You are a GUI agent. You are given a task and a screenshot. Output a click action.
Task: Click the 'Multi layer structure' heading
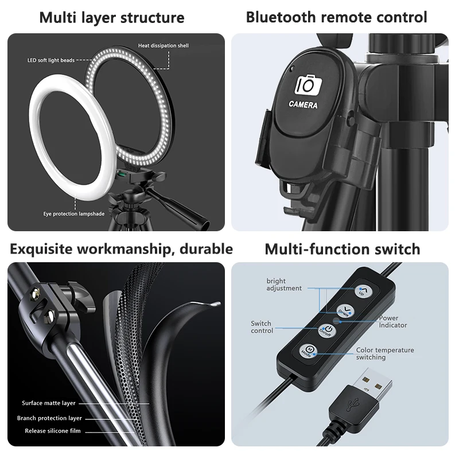point(112,17)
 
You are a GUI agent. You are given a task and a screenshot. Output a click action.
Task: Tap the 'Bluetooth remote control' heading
point(336,17)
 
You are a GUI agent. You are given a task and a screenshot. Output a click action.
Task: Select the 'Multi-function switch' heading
point(342,249)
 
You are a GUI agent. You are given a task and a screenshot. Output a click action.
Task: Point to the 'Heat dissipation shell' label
point(163,45)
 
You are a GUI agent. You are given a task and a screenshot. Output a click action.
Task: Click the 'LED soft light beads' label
point(51,60)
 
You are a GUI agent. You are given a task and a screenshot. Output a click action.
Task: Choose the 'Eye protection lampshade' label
point(73,214)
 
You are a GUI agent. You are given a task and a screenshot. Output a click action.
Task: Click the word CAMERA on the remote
point(304,105)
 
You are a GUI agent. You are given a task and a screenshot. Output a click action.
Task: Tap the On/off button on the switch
point(326,330)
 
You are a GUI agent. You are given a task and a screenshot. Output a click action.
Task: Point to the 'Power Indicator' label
point(392,321)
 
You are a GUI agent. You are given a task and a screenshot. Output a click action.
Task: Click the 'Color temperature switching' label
point(384,353)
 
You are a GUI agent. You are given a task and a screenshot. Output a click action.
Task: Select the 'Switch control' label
point(262,327)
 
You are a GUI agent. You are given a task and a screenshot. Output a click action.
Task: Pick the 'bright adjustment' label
point(283,285)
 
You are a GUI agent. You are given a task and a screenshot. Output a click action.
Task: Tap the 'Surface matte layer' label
point(49,403)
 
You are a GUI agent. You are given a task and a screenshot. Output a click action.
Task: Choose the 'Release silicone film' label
point(53,431)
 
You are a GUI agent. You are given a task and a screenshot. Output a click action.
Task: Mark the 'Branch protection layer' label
point(49,418)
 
